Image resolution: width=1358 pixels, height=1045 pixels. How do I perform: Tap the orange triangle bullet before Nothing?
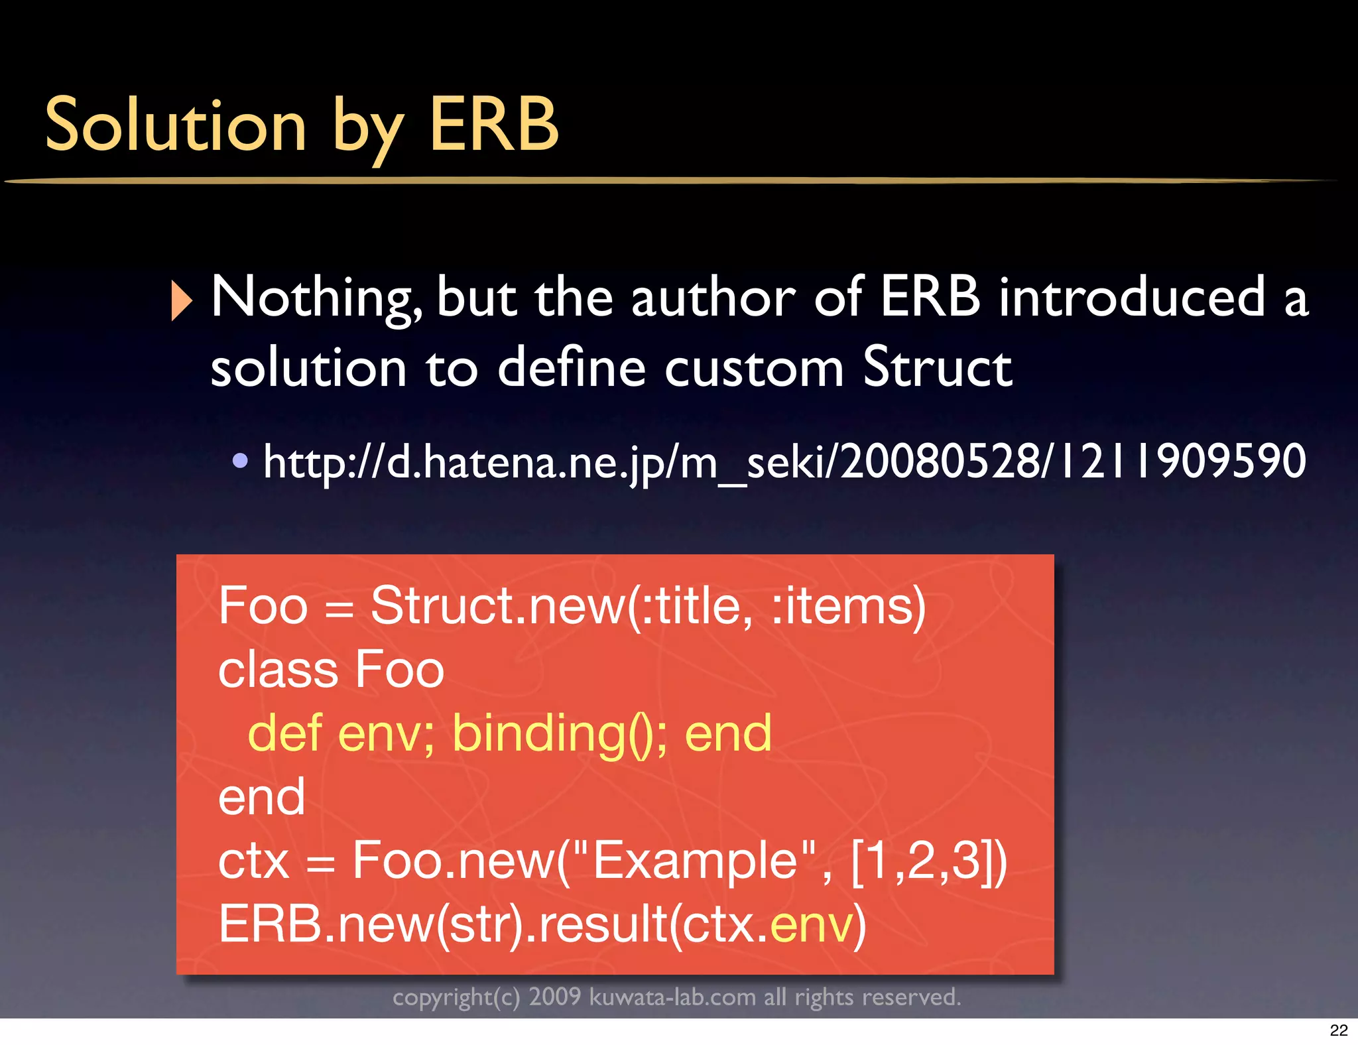click(x=181, y=300)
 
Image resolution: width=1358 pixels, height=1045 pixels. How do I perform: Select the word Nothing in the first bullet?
click(x=316, y=298)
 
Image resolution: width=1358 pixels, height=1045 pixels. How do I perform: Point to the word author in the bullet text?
click(x=713, y=298)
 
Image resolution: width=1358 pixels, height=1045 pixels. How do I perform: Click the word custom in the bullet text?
click(x=755, y=367)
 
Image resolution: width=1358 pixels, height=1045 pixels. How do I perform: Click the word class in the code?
click(x=278, y=670)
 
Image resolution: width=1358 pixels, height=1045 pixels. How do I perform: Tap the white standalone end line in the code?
click(x=262, y=797)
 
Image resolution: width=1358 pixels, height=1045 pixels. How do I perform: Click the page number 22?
click(x=1338, y=1030)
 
